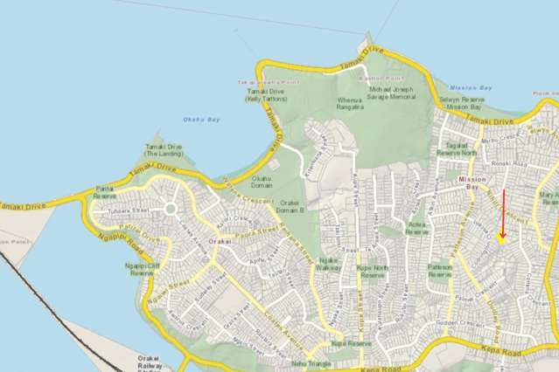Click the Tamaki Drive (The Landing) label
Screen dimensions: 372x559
click(164, 150)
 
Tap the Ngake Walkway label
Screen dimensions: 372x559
click(329, 264)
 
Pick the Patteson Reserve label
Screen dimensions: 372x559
click(440, 268)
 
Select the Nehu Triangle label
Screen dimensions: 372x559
click(311, 361)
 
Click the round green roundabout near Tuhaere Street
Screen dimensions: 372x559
click(169, 210)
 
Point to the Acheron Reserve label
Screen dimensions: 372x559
click(416, 229)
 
